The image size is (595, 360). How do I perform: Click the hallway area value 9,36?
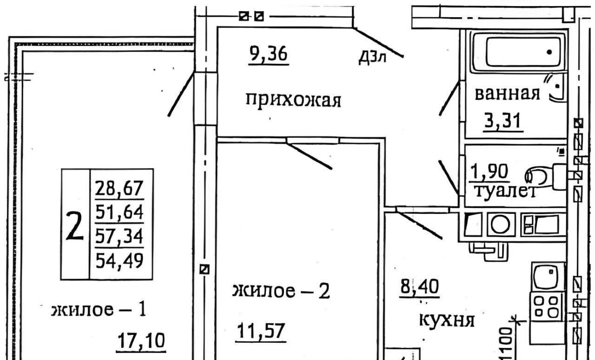tap(269, 55)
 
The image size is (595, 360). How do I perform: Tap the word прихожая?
tap(293, 100)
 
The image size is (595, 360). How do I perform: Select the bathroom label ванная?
tap(507, 94)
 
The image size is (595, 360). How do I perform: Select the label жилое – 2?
tap(281, 292)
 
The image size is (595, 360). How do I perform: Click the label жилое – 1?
tap(99, 310)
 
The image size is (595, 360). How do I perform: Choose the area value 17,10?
tap(140, 342)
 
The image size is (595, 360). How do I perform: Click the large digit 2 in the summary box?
tap(74, 226)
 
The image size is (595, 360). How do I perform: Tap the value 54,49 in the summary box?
tap(120, 261)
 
